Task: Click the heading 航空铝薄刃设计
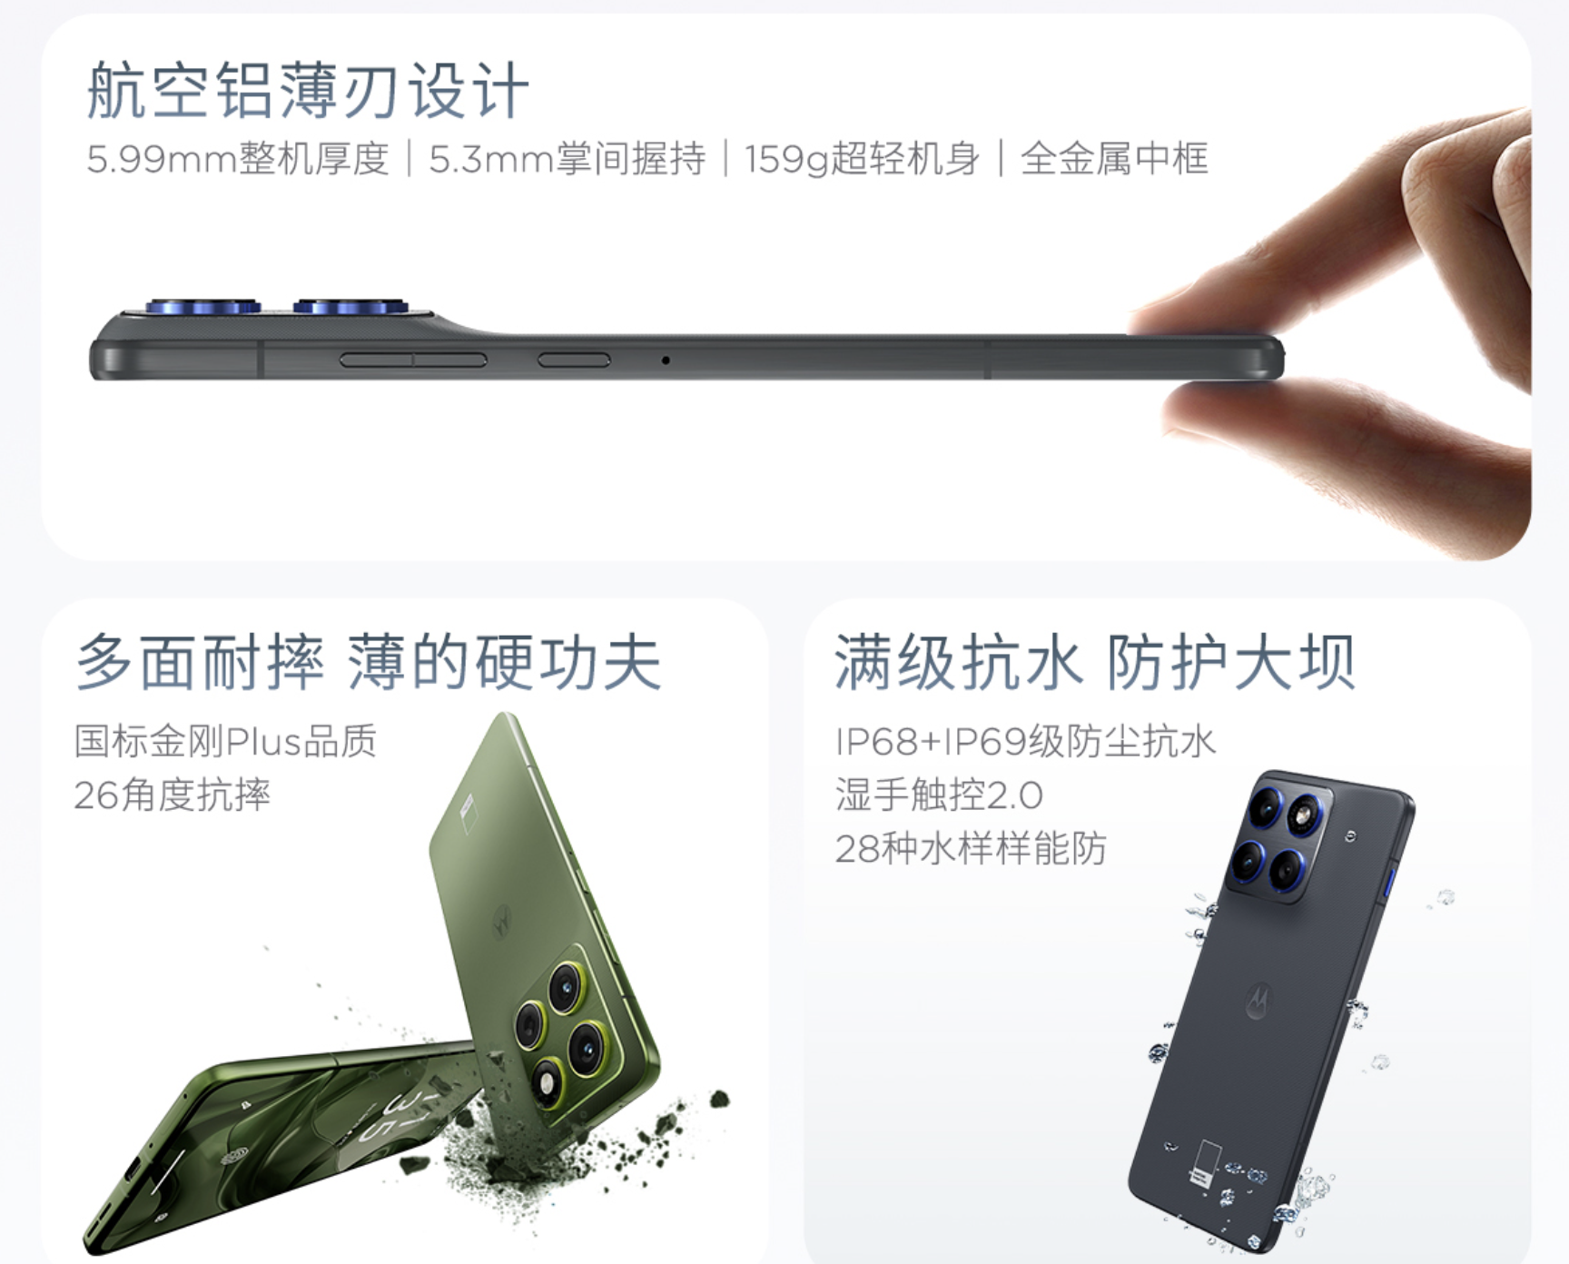(x=308, y=91)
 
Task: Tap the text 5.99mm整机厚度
(x=238, y=159)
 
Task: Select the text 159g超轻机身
(x=863, y=159)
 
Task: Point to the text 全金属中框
(x=1114, y=159)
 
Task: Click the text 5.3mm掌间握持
(x=567, y=159)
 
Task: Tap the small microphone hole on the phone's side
(x=666, y=360)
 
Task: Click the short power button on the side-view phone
(x=574, y=360)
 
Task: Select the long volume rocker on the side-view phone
(x=413, y=360)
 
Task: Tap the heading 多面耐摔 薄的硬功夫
(x=369, y=662)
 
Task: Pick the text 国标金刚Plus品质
(x=225, y=741)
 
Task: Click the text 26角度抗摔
(x=173, y=795)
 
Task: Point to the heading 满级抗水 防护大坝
(x=1095, y=662)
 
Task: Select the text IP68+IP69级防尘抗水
(x=1025, y=741)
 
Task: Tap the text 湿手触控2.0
(x=939, y=795)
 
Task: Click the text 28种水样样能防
(x=971, y=849)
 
